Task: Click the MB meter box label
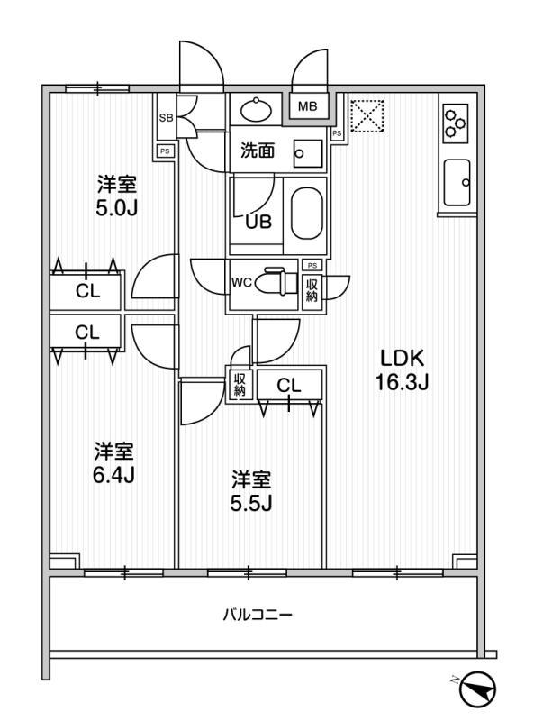coord(307,106)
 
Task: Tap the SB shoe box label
coord(166,118)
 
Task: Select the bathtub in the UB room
coord(306,214)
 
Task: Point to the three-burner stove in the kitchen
coord(456,123)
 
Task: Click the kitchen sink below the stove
coord(457,183)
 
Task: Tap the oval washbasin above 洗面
coord(257,109)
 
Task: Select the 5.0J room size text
coord(116,209)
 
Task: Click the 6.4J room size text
coord(113,476)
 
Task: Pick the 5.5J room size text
coord(251,504)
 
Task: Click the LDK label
coord(402,358)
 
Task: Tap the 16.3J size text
coord(403,381)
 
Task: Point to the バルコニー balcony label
coord(258,615)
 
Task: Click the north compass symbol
coord(478,689)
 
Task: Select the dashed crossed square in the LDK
coord(367,116)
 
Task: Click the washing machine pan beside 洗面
coord(308,153)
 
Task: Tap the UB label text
coord(258,222)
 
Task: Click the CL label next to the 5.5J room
coord(288,386)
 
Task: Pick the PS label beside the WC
coord(312,265)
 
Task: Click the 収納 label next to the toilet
coord(312,289)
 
